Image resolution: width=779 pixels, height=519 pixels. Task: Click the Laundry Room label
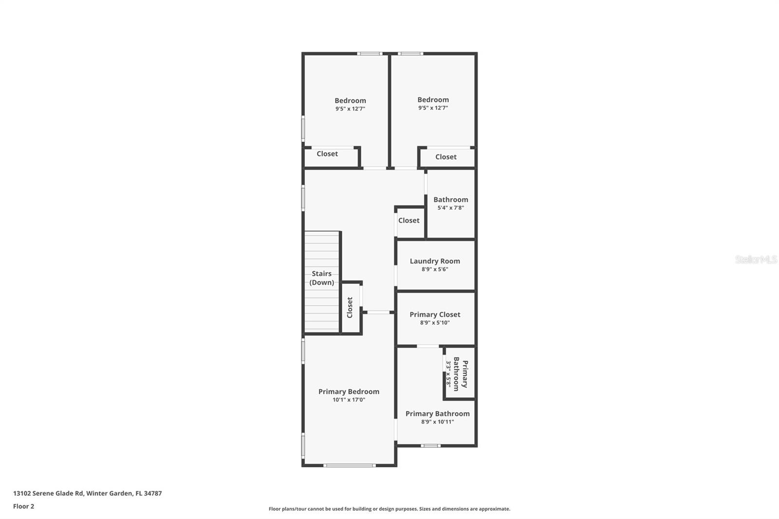click(x=435, y=261)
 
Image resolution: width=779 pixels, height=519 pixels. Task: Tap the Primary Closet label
click(x=435, y=315)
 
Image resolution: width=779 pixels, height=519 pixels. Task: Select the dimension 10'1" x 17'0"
click(x=349, y=400)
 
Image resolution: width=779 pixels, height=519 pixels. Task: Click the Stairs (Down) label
click(x=322, y=278)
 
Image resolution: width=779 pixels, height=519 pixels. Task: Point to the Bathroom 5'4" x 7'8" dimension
click(x=450, y=208)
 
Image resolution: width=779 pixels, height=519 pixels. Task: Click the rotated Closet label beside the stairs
click(x=350, y=308)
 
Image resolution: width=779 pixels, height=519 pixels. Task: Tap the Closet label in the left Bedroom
click(x=327, y=154)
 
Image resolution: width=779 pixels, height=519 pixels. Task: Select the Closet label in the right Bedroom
click(x=445, y=157)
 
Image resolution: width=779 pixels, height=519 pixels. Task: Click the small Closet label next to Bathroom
click(x=408, y=221)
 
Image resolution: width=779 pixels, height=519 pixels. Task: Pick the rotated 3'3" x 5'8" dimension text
click(x=449, y=373)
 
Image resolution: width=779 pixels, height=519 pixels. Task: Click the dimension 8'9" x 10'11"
click(x=437, y=422)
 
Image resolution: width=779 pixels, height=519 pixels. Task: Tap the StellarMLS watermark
click(x=756, y=259)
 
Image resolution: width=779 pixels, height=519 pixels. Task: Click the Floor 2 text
click(x=23, y=506)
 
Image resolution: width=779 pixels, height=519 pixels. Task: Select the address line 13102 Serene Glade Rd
click(x=88, y=493)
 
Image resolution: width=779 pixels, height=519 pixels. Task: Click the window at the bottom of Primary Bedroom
click(x=350, y=465)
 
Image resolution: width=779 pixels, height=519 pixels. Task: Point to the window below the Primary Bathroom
click(x=430, y=445)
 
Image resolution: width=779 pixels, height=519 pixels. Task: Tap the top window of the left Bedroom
click(x=370, y=54)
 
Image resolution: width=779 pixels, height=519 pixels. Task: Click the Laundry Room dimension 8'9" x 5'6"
click(x=435, y=269)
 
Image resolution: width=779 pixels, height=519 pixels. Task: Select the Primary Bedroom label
click(x=349, y=391)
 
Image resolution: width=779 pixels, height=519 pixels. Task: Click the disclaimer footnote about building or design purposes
click(x=389, y=509)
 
